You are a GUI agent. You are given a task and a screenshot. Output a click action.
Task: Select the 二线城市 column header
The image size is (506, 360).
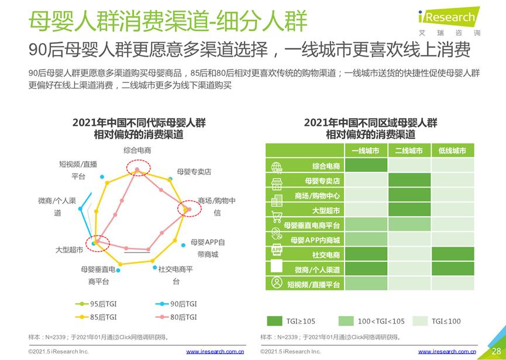(409, 151)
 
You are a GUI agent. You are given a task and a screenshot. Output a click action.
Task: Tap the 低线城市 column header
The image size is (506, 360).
(452, 151)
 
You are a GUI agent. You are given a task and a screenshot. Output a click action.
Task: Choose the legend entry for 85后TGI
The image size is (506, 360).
(97, 317)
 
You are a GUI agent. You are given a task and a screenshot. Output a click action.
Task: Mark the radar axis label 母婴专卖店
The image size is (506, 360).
(194, 172)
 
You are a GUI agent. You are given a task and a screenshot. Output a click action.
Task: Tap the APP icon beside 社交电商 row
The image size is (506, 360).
(277, 251)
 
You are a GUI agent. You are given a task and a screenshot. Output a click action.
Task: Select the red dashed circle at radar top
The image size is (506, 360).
(139, 168)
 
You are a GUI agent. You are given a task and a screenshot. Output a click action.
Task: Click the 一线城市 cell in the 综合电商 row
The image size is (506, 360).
(365, 165)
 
